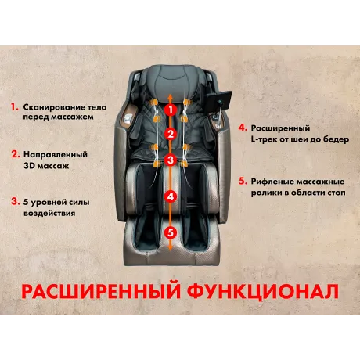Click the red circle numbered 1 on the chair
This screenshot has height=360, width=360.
point(171,110)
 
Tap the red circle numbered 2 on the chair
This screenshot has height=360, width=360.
point(171,135)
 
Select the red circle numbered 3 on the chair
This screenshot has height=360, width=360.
point(171,160)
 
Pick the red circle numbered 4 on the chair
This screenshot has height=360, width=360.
point(171,196)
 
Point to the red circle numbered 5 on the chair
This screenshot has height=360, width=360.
point(171,232)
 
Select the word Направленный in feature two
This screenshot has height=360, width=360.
point(56,154)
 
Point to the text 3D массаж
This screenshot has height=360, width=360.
point(46,166)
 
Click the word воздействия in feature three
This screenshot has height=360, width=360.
point(49,213)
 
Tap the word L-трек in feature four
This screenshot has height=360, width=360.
point(264,139)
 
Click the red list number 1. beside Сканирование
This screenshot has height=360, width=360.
point(15,106)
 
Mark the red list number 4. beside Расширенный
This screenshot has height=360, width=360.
point(243,128)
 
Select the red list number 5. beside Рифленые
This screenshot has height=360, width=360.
point(243,181)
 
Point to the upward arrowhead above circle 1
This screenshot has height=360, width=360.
point(170,98)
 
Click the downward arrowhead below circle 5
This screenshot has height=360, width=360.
point(170,248)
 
